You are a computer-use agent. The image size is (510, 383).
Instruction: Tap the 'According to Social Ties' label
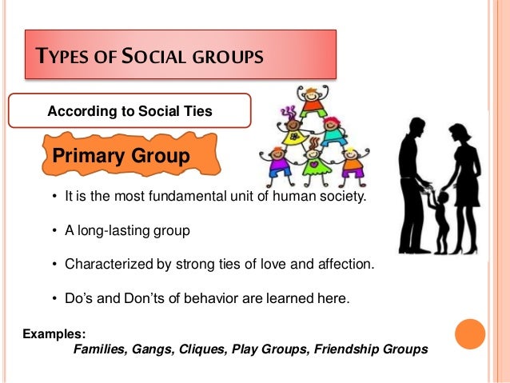point(129,111)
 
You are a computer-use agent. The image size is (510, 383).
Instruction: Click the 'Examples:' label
point(54,333)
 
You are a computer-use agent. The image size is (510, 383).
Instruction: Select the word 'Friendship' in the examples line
point(345,349)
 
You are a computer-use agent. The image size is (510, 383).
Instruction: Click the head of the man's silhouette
point(417,126)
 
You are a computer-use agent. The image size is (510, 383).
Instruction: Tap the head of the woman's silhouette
point(459,133)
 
